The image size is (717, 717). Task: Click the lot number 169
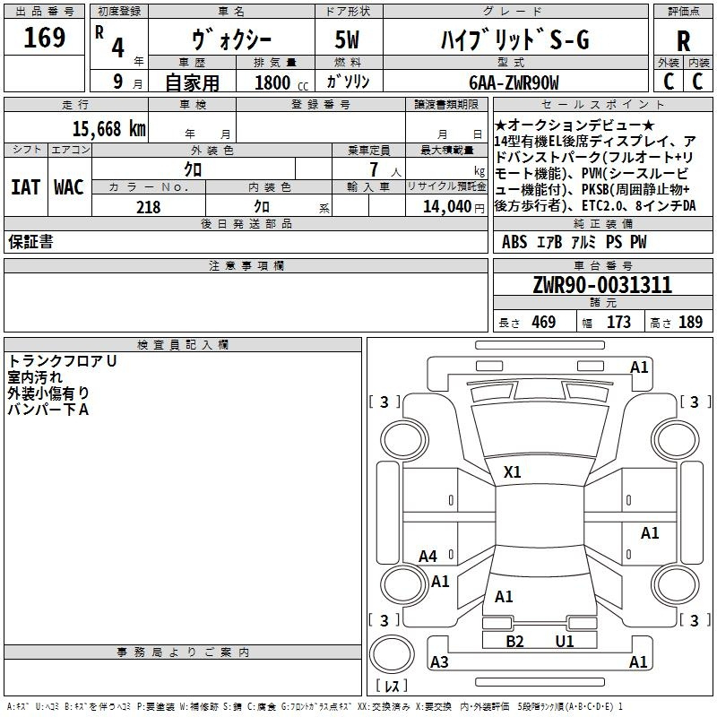pos(44,38)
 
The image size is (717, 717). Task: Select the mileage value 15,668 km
pos(109,129)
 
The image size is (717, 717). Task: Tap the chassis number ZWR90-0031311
pos(602,285)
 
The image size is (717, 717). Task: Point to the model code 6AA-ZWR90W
pos(514,82)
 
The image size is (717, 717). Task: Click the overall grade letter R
pos(683,41)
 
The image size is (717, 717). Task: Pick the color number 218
pos(148,207)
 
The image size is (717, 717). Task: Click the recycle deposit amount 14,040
pos(447,207)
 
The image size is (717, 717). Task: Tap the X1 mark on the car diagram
pos(512,472)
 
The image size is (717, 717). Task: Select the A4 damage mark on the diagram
pos(428,557)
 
